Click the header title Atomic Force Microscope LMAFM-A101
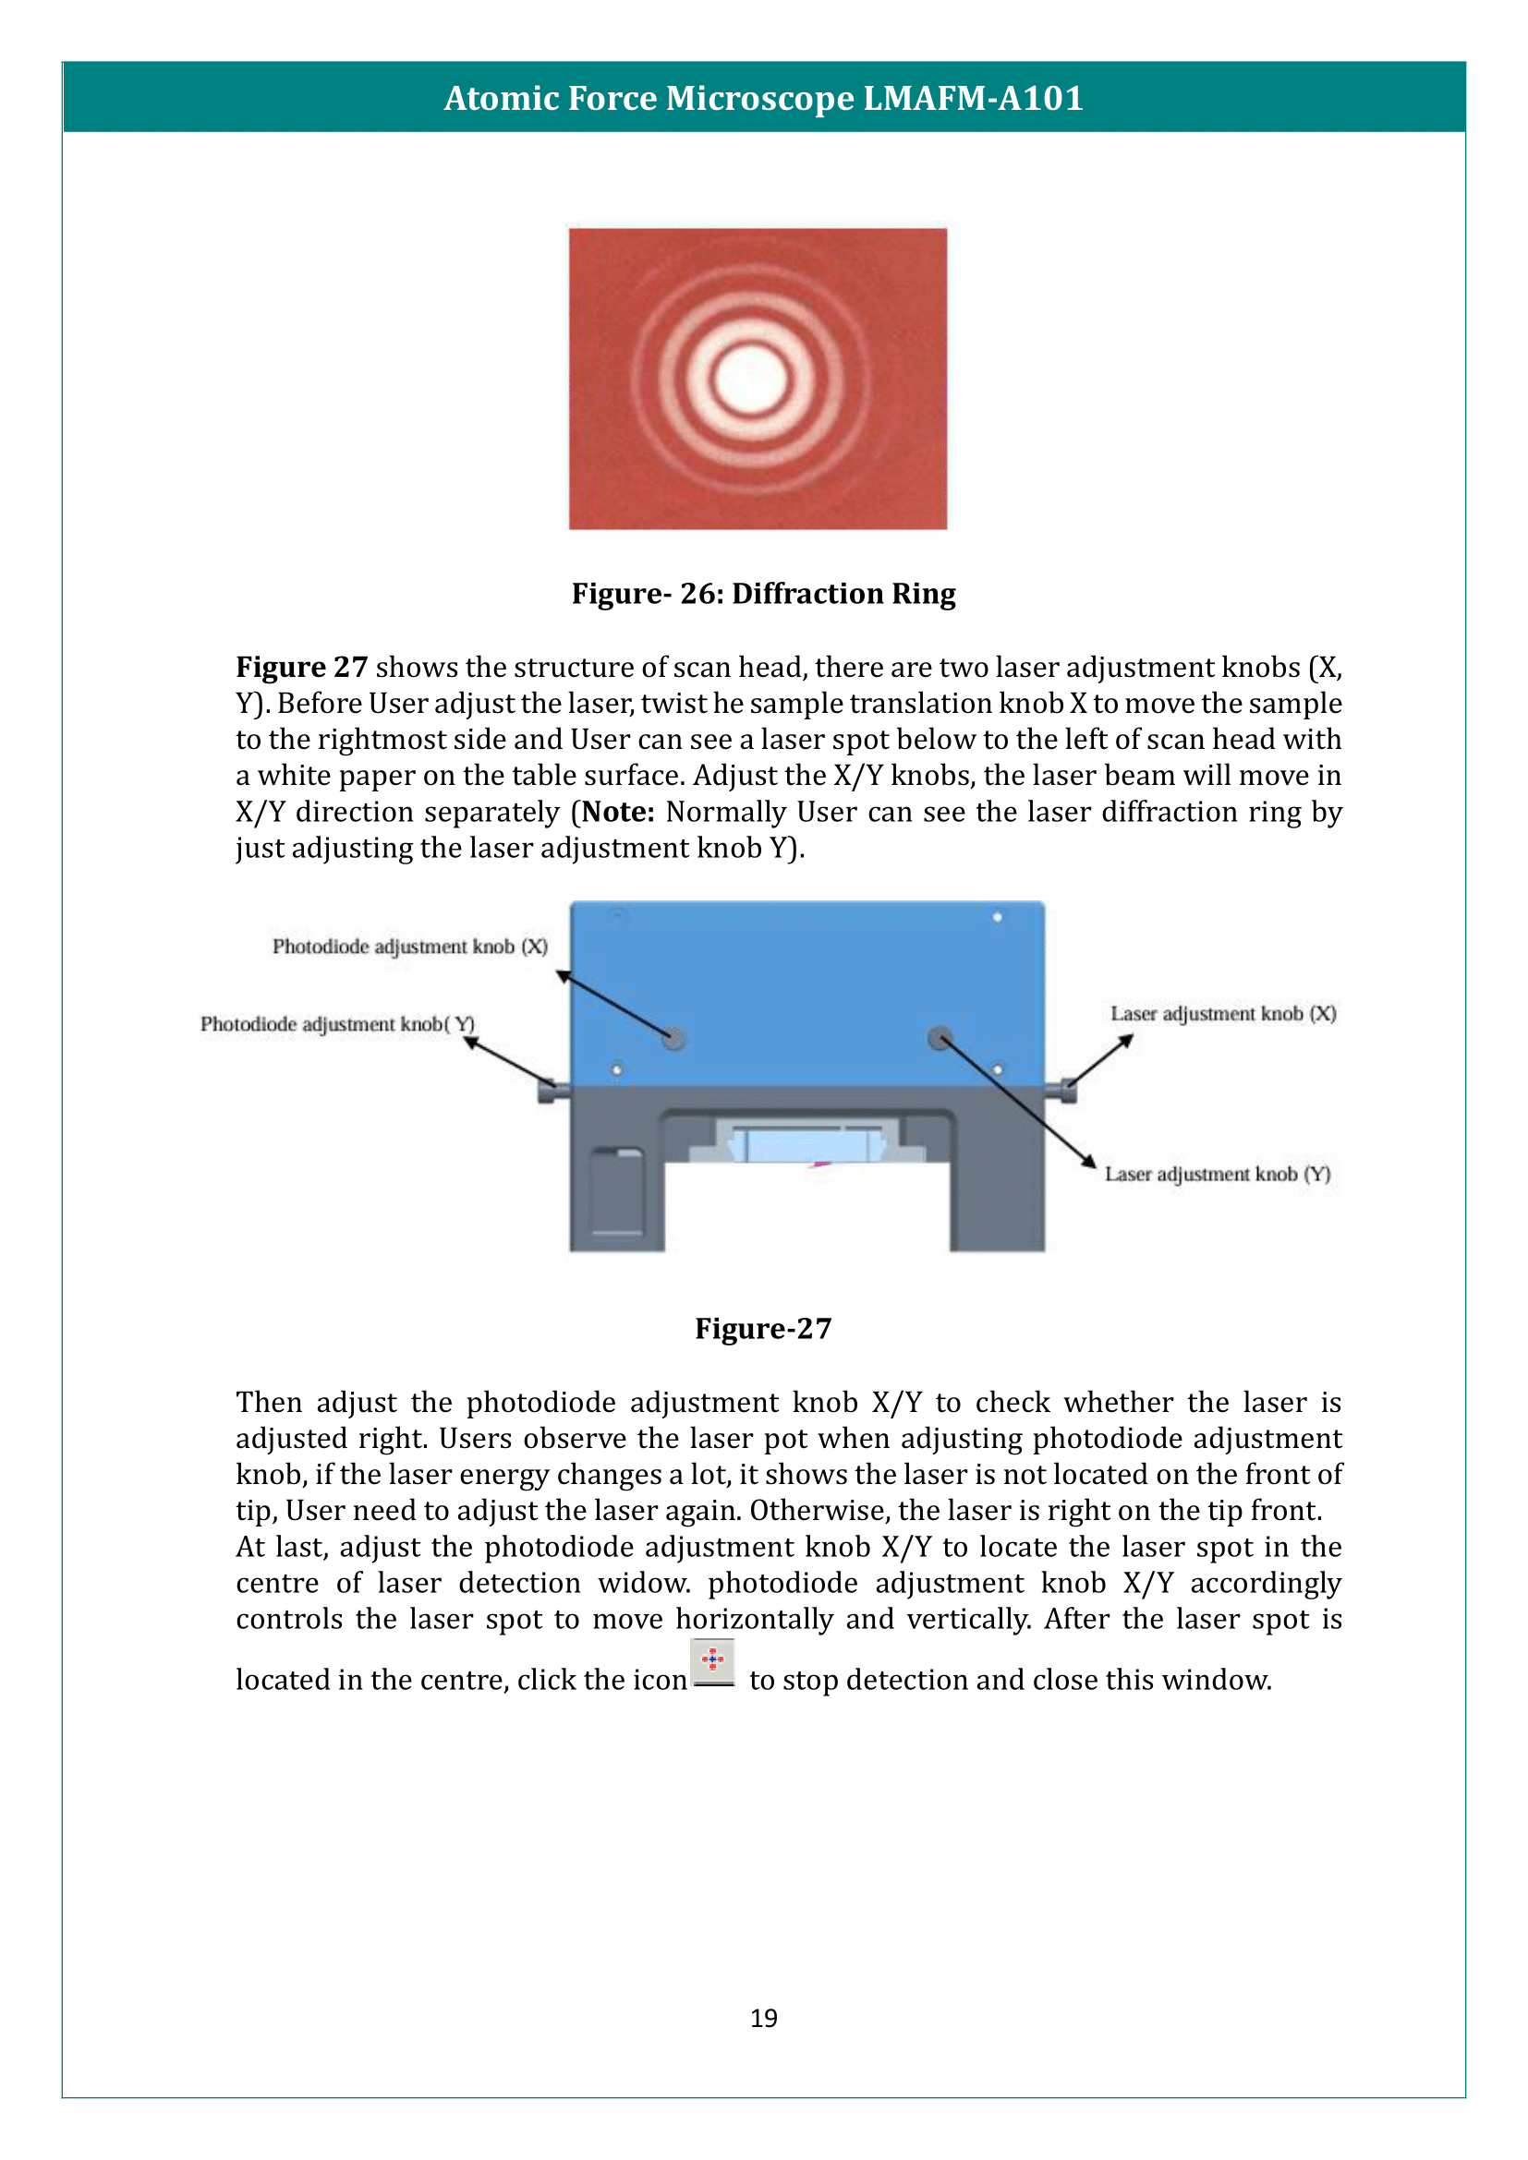click(x=763, y=98)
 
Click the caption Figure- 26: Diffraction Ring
click(x=763, y=594)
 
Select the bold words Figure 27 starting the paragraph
click(x=301, y=667)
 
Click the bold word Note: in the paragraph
click(x=618, y=812)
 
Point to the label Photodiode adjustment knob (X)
click(x=409, y=947)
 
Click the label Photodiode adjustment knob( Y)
click(x=337, y=1023)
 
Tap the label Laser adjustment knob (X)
click(x=1222, y=1013)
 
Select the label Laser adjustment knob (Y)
click(x=1217, y=1174)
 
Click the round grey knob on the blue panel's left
click(x=673, y=1039)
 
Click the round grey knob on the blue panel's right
click(x=940, y=1038)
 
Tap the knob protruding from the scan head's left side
click(x=552, y=1092)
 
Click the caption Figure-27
click(x=763, y=1328)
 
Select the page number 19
click(x=763, y=2018)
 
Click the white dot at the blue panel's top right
click(x=997, y=916)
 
